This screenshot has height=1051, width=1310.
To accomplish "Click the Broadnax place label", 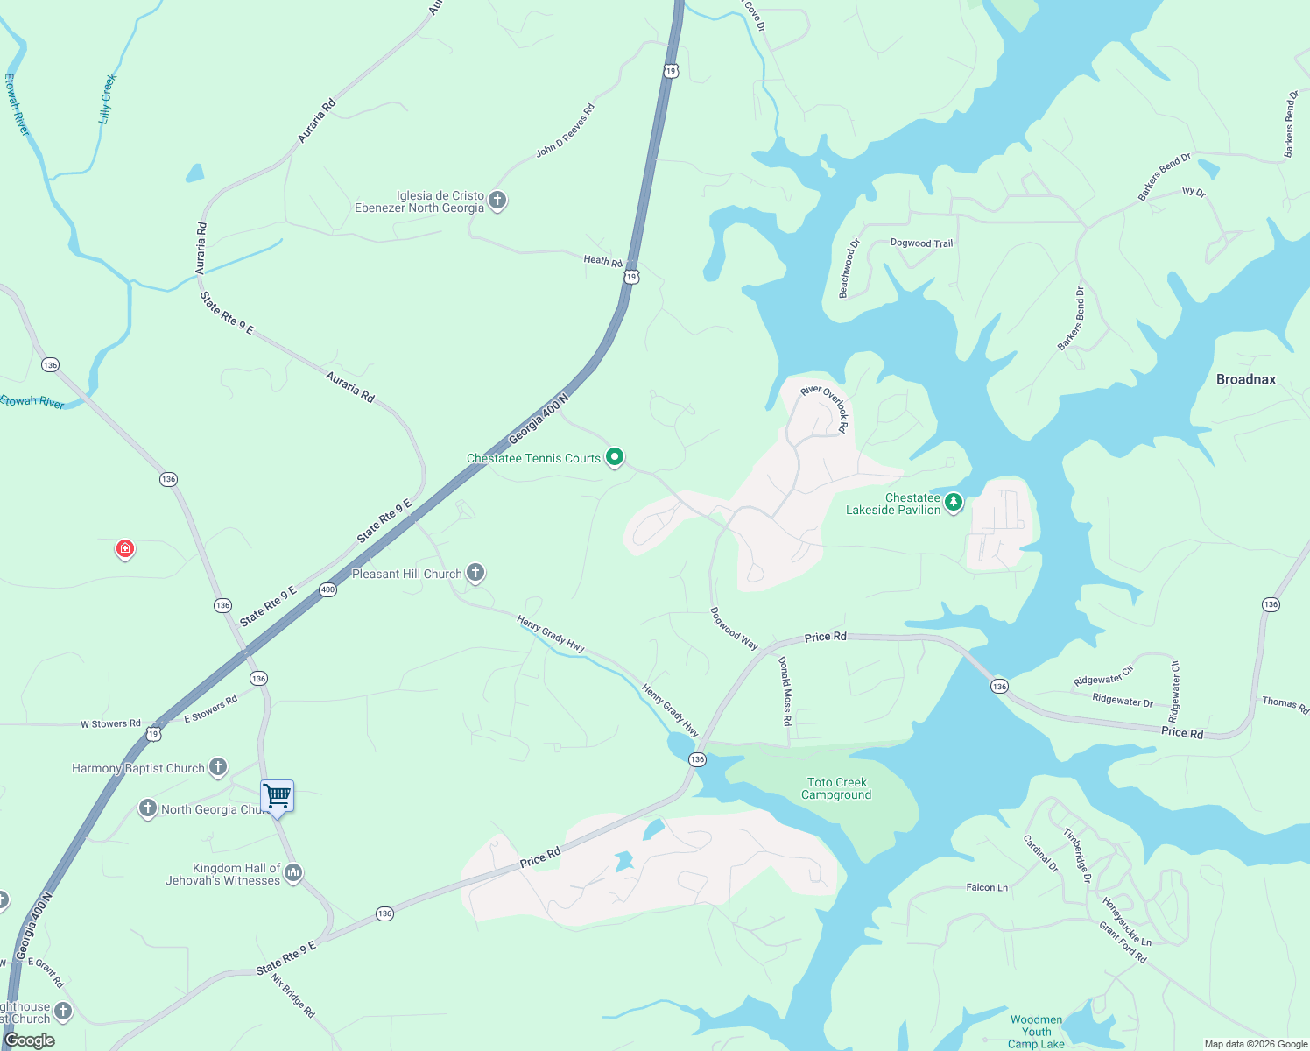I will tap(1245, 379).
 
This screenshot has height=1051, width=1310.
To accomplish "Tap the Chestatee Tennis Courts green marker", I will tap(615, 456).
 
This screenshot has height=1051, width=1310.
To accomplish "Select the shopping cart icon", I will tap(277, 796).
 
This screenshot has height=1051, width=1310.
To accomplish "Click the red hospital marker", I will tap(125, 549).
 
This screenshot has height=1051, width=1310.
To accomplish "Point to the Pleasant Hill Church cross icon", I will tap(475, 573).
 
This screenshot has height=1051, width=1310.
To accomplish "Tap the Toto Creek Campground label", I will tap(836, 788).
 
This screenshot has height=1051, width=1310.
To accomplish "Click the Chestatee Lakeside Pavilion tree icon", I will tap(954, 503).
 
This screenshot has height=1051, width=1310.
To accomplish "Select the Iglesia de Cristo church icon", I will tap(497, 201).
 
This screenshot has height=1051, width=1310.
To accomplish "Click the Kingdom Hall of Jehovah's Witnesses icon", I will tap(293, 872).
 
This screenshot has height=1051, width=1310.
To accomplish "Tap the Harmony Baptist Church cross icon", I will tap(218, 767).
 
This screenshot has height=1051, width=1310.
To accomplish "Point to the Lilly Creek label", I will tap(108, 98).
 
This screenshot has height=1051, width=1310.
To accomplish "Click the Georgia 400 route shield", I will tap(327, 589).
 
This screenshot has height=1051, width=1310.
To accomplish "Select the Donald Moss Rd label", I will tap(785, 691).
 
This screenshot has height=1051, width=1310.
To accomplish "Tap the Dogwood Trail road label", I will tap(921, 243).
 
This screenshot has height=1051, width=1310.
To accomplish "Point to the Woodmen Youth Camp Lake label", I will tap(1036, 1032).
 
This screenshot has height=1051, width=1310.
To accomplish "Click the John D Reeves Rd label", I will tap(566, 130).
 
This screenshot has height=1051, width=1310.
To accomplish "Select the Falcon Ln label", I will tap(987, 887).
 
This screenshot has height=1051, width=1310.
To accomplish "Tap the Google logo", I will tap(30, 1040).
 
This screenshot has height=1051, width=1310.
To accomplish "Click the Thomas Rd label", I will tap(1285, 704).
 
